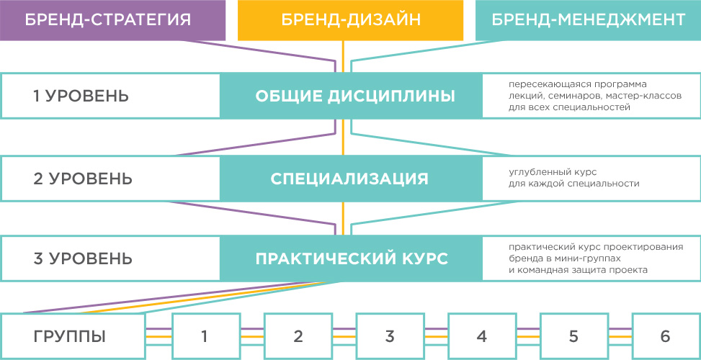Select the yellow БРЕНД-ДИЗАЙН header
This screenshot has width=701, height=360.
(351, 20)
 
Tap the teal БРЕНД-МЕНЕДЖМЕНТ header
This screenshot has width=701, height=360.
(588, 20)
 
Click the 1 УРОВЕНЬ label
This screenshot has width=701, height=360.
(81, 96)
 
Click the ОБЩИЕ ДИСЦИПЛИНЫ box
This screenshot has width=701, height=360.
(350, 96)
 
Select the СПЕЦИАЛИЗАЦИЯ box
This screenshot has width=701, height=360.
(350, 179)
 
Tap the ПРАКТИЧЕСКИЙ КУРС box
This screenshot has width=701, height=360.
(350, 258)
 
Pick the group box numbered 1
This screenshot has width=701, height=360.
(205, 336)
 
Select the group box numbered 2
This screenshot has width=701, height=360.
(298, 336)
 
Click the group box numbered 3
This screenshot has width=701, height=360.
(390, 336)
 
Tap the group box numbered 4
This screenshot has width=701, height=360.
(482, 336)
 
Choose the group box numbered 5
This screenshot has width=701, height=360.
(574, 336)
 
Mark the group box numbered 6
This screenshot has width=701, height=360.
(665, 336)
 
